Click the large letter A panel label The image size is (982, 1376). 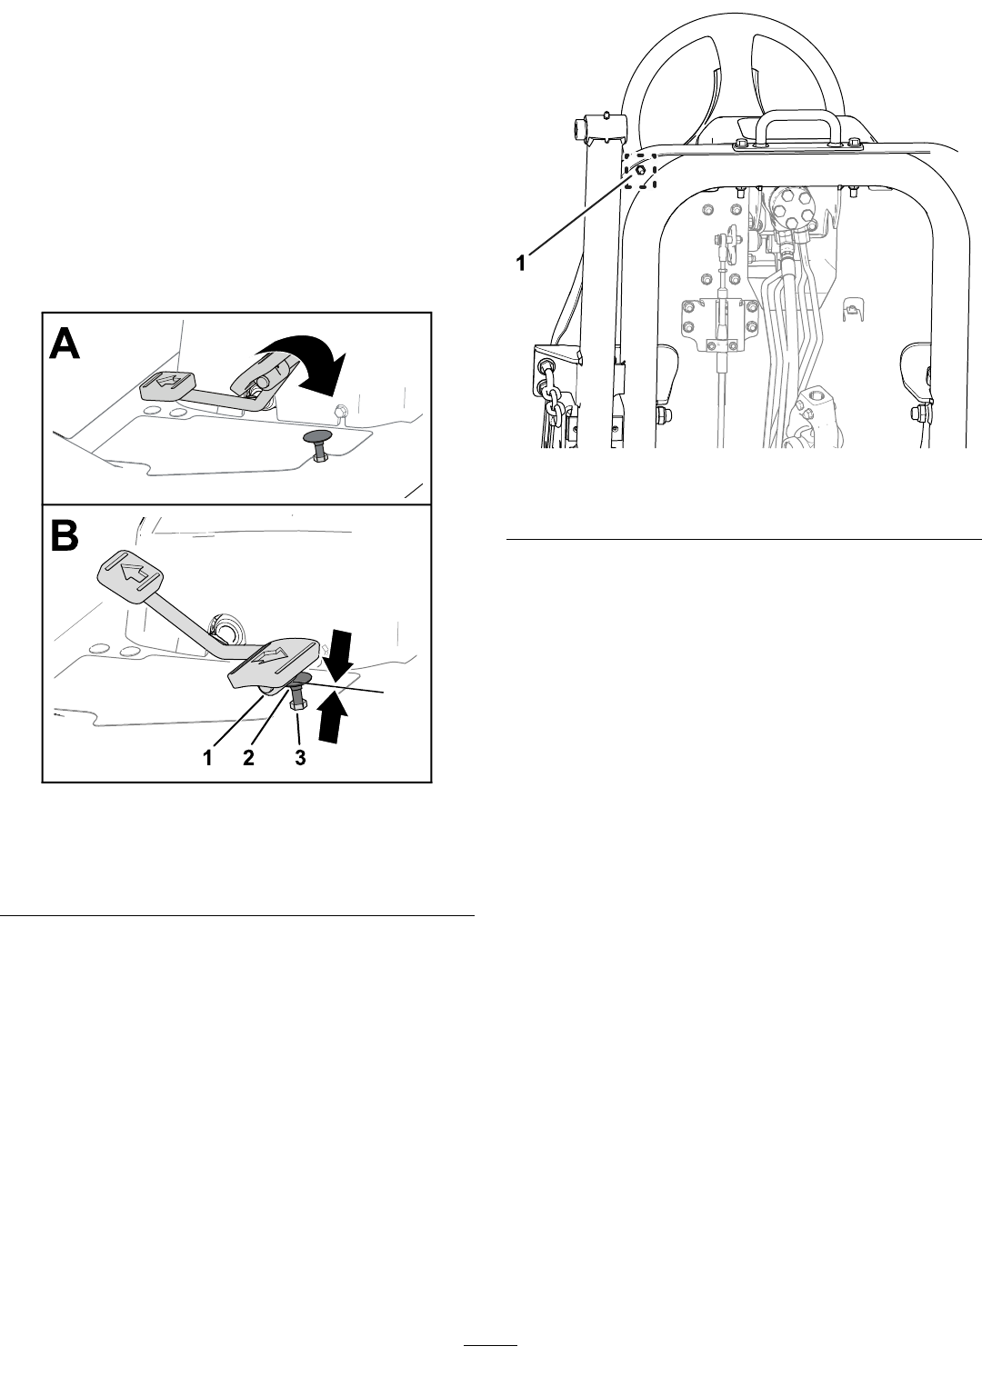[x=65, y=344]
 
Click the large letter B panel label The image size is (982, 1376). [x=64, y=535]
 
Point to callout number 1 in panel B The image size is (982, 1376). [x=208, y=758]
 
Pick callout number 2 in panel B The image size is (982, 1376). [x=247, y=758]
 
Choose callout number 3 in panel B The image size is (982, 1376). [x=300, y=758]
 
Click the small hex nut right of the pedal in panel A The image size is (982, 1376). [x=340, y=409]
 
